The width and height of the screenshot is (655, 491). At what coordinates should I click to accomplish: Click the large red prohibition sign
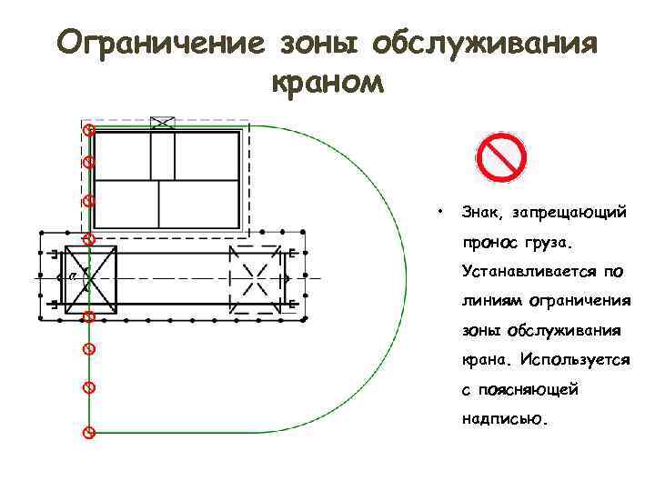click(x=501, y=158)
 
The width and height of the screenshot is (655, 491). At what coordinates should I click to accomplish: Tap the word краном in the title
click(x=327, y=85)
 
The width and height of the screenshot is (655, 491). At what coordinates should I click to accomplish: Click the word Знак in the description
click(x=481, y=212)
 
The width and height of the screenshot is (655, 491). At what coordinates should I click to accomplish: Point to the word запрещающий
click(x=569, y=213)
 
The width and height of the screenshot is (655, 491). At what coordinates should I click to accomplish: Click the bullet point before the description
click(x=439, y=209)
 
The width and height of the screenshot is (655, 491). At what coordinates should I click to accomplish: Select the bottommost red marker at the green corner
click(x=88, y=432)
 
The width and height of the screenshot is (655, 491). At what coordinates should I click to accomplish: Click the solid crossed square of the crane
click(x=90, y=275)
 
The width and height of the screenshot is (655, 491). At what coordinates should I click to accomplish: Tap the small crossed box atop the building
click(x=163, y=123)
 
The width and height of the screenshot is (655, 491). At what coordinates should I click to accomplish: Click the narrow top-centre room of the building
click(x=163, y=155)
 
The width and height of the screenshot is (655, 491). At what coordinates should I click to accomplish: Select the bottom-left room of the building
click(x=126, y=205)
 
